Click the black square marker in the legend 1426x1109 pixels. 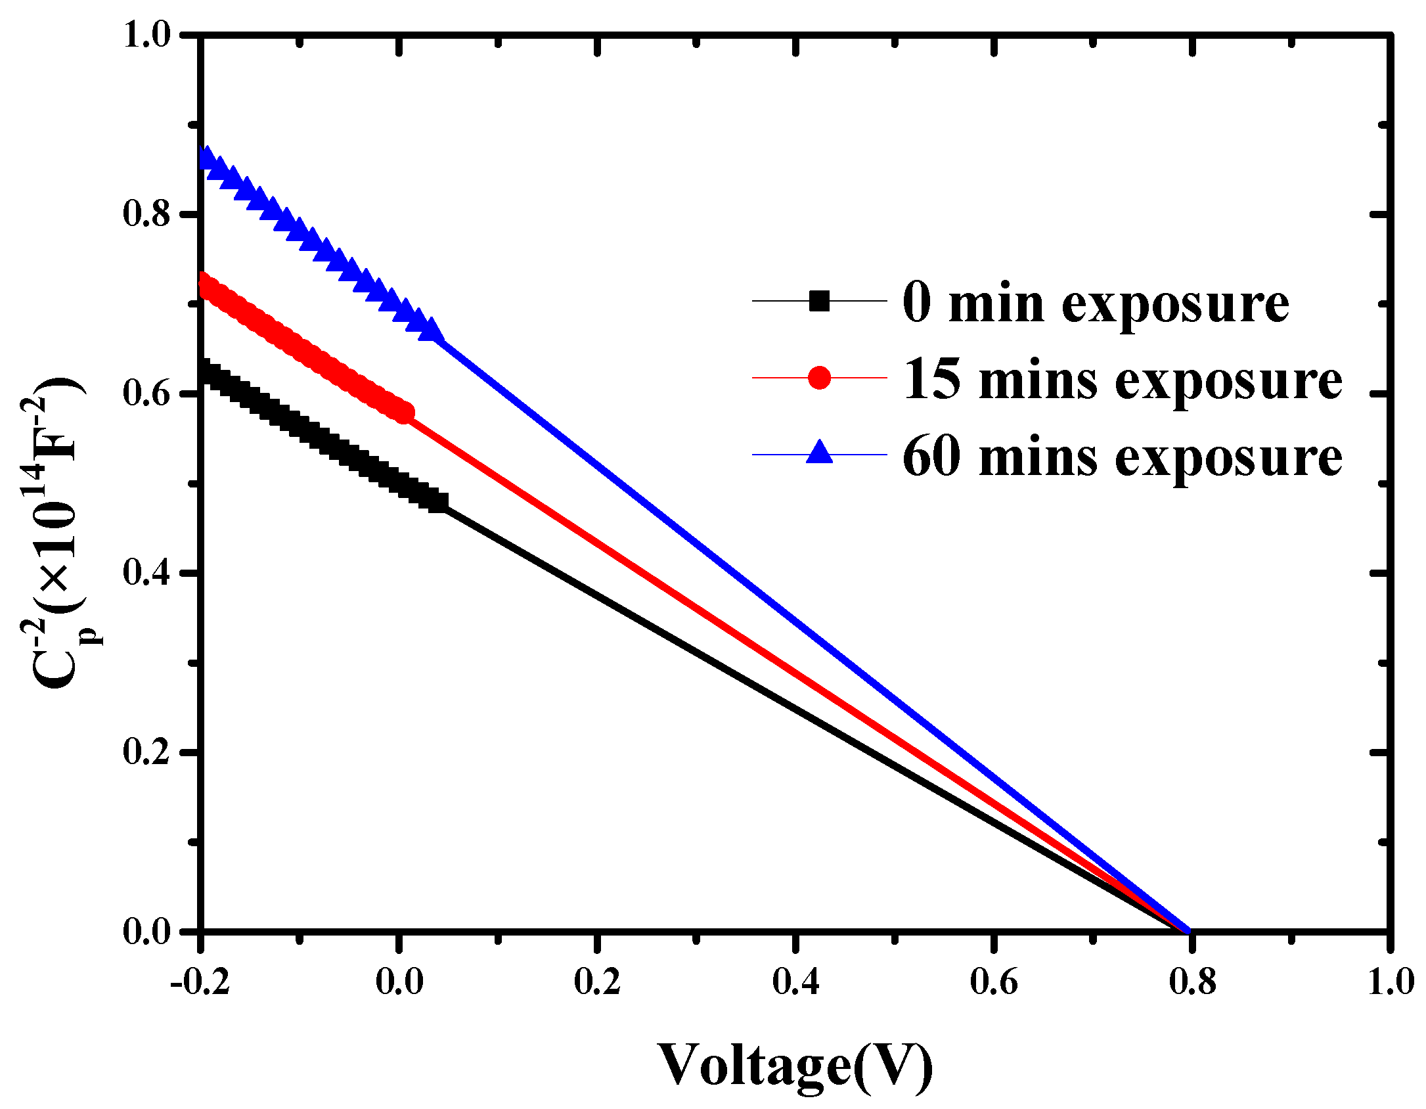click(819, 301)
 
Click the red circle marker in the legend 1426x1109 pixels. click(819, 378)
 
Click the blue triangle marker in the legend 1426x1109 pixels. click(819, 453)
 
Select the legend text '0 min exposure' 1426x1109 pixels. click(1096, 304)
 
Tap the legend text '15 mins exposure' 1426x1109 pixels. click(1122, 380)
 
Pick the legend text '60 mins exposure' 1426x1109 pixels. click(1122, 457)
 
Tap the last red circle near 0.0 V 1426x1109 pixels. click(403, 413)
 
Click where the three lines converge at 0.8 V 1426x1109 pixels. click(1188, 930)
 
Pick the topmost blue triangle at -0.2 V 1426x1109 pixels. click(206, 158)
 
